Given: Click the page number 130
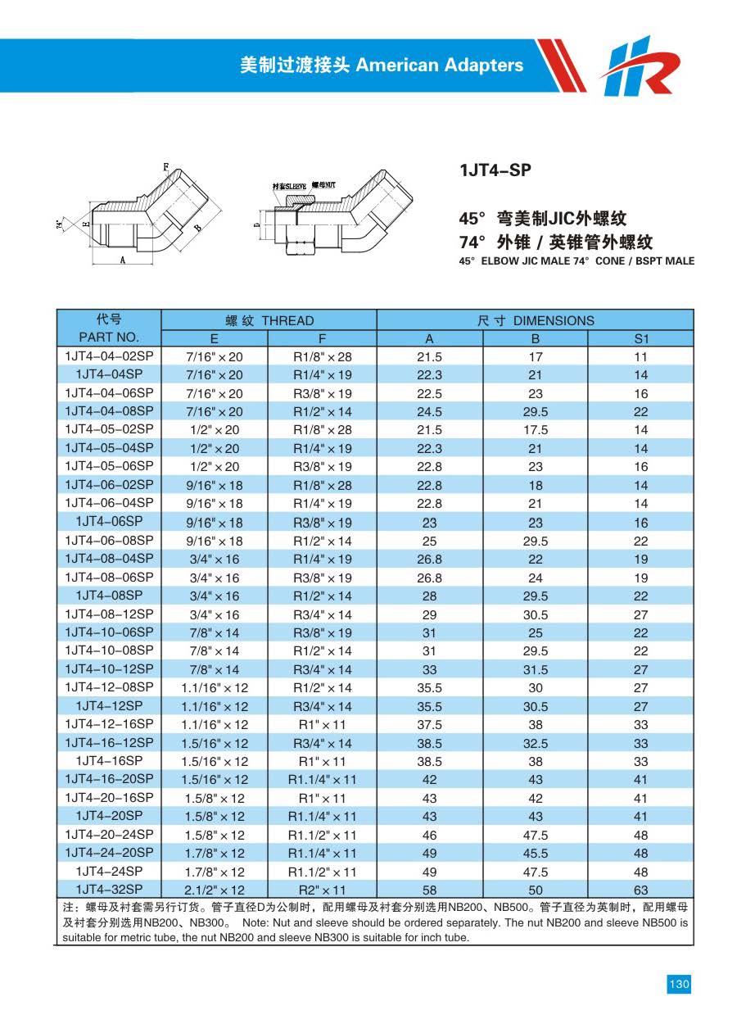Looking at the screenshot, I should pyautogui.click(x=679, y=985).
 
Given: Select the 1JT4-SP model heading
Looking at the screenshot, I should pyautogui.click(x=495, y=170).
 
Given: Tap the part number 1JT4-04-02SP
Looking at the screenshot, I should pyautogui.click(x=109, y=356).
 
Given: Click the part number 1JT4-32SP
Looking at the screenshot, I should pyautogui.click(x=109, y=890).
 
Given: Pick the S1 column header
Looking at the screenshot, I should pyautogui.click(x=640, y=338).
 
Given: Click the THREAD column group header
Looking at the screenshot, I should pyautogui.click(x=269, y=320).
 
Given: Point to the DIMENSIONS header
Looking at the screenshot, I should pyautogui.click(x=536, y=320).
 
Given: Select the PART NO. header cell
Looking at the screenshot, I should pyautogui.click(x=109, y=338).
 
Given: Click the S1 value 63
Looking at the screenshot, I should pyautogui.click(x=640, y=890).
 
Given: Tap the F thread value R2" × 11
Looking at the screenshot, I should pyautogui.click(x=322, y=890).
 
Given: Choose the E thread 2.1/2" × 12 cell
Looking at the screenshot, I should pyautogui.click(x=214, y=890).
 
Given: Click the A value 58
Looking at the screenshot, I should pyautogui.click(x=429, y=890).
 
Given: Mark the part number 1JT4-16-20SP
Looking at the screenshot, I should pyautogui.click(x=109, y=779).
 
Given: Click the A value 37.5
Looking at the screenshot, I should pyautogui.click(x=429, y=724).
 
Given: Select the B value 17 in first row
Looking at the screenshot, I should pyautogui.click(x=536, y=357).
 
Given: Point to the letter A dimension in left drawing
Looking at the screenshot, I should pyautogui.click(x=122, y=260).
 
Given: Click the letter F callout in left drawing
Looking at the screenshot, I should pyautogui.click(x=166, y=167).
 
